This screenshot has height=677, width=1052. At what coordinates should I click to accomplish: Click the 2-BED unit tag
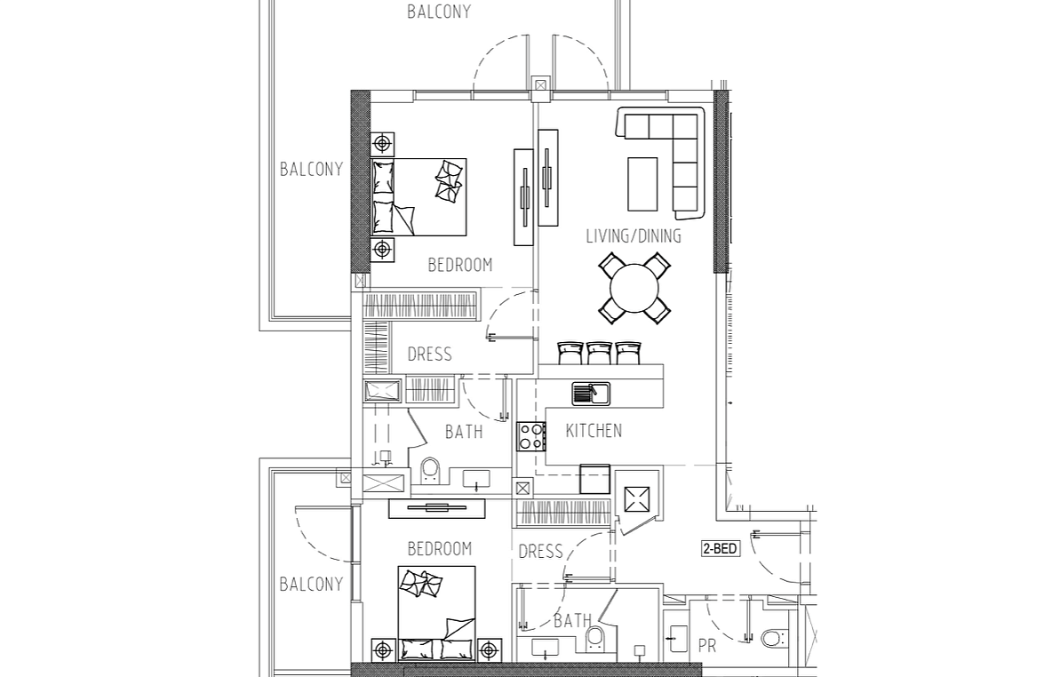[721, 549]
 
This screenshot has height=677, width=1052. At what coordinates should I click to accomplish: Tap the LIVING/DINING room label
[634, 236]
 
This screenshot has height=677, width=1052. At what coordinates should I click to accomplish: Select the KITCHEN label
[594, 431]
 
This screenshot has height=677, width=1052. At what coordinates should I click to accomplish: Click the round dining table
[634, 289]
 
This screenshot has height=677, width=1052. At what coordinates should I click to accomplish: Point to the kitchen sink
[591, 394]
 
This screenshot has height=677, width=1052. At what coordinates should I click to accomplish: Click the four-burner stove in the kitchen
[530, 436]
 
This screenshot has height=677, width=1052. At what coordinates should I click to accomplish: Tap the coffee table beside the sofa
[642, 184]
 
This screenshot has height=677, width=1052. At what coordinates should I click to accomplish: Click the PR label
[707, 646]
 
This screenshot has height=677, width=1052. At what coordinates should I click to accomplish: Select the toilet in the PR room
[773, 637]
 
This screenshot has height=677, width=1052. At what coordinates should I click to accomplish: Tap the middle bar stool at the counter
[599, 354]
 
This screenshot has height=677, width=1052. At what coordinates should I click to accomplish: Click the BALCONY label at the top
[439, 12]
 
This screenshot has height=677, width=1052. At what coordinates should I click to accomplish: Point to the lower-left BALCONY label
[311, 585]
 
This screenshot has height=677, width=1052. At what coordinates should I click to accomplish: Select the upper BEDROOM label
[460, 265]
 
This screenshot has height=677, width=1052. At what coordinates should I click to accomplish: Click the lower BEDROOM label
[440, 549]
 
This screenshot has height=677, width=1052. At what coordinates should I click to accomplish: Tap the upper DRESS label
[429, 354]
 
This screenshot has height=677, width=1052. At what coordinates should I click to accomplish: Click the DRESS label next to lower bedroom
[541, 553]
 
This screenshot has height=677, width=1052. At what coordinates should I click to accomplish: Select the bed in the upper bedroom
[418, 197]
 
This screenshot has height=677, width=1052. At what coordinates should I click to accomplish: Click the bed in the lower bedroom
[437, 613]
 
